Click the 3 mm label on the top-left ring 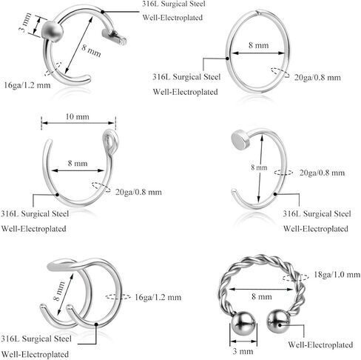(x=26, y=22)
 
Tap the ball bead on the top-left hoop (x=53, y=30)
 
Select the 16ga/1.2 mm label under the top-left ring (x=27, y=85)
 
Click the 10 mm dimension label (x=78, y=116)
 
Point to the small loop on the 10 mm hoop (x=111, y=141)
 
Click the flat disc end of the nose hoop (x=240, y=140)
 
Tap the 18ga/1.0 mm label (x=337, y=275)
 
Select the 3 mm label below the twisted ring (x=243, y=351)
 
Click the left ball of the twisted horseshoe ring (x=243, y=323)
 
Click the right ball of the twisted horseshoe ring (x=279, y=321)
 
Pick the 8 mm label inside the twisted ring (x=262, y=296)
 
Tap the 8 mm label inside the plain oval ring (x=258, y=45)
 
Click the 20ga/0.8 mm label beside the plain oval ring (x=317, y=78)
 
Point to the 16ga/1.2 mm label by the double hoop (x=158, y=297)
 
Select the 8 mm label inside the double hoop (x=59, y=290)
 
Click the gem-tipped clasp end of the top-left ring (x=115, y=37)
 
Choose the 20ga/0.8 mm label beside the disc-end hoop (x=322, y=173)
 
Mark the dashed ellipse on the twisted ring (x=295, y=277)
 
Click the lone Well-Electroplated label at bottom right (x=320, y=344)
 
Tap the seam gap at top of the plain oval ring (x=258, y=12)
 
